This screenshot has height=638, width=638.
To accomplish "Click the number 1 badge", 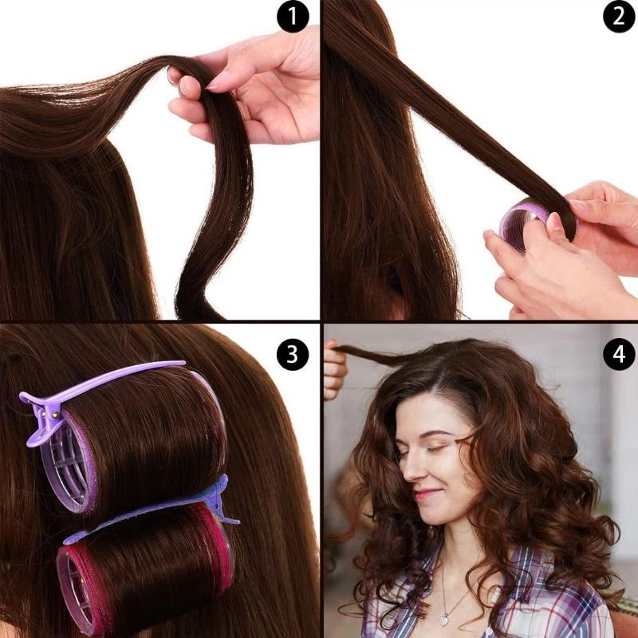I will coord(293,17).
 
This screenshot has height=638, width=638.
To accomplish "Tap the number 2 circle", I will coord(619,17).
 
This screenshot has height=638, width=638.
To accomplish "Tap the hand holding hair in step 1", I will coord(255,88).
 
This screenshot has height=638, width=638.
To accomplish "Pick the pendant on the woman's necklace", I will coord(444,619).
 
